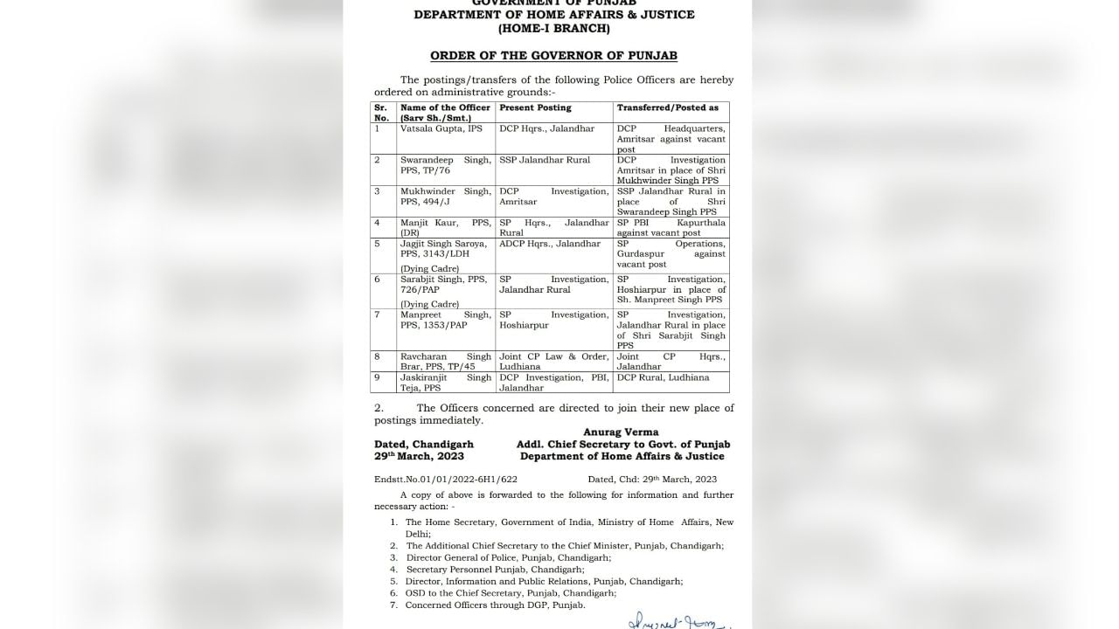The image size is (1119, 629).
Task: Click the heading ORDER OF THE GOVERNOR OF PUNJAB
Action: pyautogui.click(x=553, y=56)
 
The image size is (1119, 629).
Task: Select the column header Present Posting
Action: pyautogui.click(x=535, y=107)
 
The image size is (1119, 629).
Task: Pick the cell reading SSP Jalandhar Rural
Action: pyautogui.click(x=545, y=160)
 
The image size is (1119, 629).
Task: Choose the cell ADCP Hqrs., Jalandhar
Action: pyautogui.click(x=550, y=244)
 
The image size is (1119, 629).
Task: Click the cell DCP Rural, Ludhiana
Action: pyautogui.click(x=663, y=377)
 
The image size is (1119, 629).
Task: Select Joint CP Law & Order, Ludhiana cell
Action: pyautogui.click(x=553, y=362)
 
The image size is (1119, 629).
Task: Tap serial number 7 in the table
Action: pyautogui.click(x=378, y=314)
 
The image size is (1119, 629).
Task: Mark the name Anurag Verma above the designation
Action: pyautogui.click(x=621, y=432)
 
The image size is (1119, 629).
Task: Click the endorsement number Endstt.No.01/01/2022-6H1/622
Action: pyautogui.click(x=446, y=479)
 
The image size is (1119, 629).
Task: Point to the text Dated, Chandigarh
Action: pyautogui.click(x=424, y=445)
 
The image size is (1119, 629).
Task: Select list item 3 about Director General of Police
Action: pyautogui.click(x=508, y=557)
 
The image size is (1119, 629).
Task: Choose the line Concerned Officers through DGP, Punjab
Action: pyautogui.click(x=495, y=605)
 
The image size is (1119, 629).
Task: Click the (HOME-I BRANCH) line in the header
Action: pyautogui.click(x=553, y=29)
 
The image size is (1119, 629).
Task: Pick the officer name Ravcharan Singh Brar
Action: pyautogui.click(x=445, y=362)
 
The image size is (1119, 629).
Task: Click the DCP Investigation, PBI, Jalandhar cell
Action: pyautogui.click(x=553, y=383)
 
